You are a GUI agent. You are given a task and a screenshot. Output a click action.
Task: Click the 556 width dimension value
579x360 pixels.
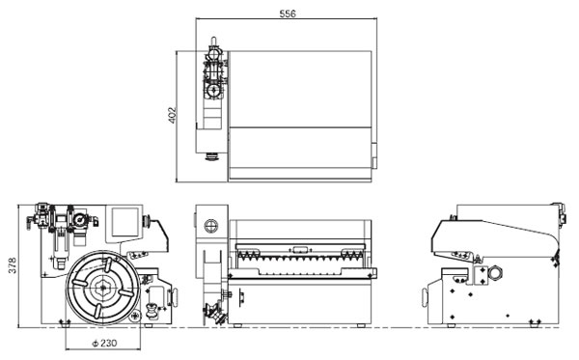[x=288, y=14]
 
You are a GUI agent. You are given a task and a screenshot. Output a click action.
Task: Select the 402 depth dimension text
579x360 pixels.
[x=172, y=115]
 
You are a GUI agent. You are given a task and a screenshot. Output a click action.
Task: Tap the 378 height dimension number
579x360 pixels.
[x=13, y=265]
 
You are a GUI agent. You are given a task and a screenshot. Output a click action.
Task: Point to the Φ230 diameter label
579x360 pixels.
[x=104, y=343]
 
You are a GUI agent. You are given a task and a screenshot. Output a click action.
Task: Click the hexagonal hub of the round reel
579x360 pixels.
[x=101, y=288]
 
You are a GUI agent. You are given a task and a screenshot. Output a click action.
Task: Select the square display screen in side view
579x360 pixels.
[x=125, y=222]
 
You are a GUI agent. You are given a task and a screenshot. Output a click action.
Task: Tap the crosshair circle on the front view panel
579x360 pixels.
[x=210, y=226]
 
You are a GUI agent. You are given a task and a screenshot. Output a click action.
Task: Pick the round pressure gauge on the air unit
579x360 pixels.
[x=79, y=220]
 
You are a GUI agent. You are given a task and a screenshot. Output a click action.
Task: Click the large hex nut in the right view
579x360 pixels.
[x=495, y=273]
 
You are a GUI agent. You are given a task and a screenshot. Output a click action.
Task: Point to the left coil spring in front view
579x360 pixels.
[x=249, y=254]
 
